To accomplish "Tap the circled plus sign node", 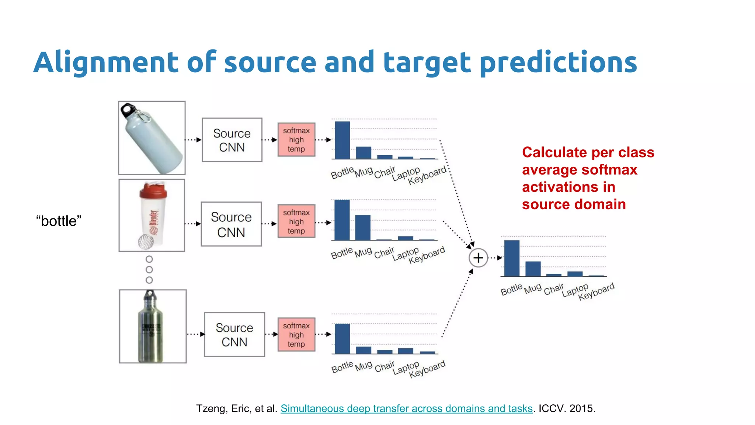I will tap(478, 258).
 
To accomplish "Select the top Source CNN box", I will tap(232, 140).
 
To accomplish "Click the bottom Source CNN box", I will tap(234, 335).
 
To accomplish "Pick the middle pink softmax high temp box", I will tap(296, 221).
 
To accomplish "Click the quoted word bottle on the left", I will tap(59, 221).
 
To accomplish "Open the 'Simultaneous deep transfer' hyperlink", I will tap(406, 408).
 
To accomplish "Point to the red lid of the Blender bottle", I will tap(153, 190).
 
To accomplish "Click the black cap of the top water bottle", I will tap(128, 108).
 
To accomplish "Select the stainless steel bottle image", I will tap(152, 326).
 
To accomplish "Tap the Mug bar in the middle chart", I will tap(363, 227).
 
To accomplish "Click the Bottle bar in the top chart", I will tap(342, 140).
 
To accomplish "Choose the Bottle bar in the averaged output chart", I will tap(512, 258).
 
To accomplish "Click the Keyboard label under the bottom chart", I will tap(427, 369).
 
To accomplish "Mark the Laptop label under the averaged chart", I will tap(575, 290).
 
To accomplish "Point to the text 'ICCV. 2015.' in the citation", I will tap(567, 408).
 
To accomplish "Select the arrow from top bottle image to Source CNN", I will tap(193, 140).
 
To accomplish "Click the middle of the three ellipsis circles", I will tap(149, 270).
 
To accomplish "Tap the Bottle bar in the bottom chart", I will tap(342, 339).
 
